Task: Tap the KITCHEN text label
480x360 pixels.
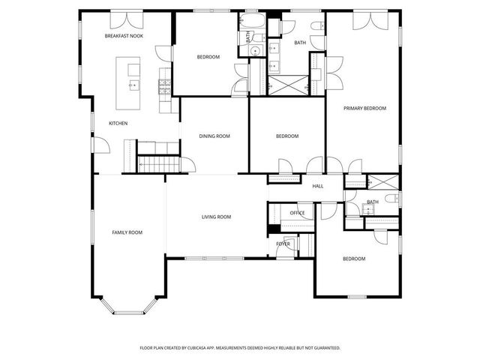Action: [x=118, y=123]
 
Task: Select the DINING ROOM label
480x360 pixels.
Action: [x=214, y=136]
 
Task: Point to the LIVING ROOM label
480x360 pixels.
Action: [x=216, y=217]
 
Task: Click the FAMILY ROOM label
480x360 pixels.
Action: [x=127, y=232]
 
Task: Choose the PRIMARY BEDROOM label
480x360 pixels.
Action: [x=364, y=109]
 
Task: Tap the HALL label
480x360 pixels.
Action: [x=318, y=186]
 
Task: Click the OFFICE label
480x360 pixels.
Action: [x=297, y=214]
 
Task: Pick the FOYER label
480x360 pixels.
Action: [x=283, y=244]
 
